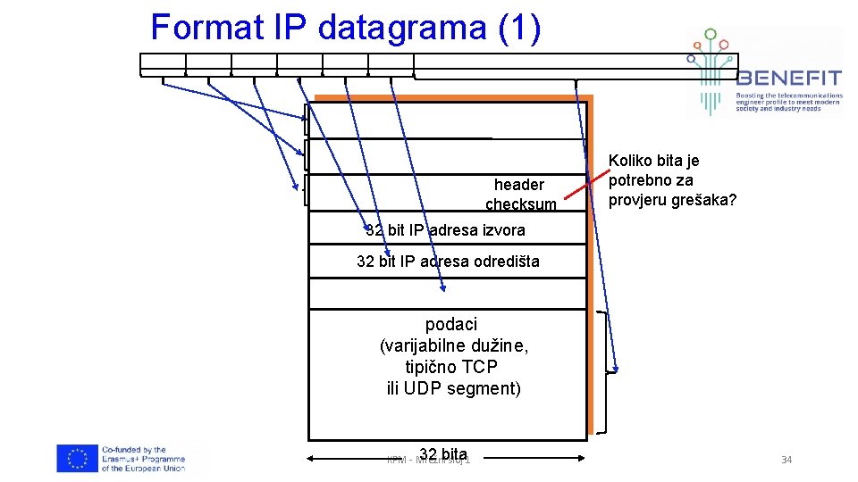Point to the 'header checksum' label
(x=519, y=195)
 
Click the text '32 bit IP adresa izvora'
(x=446, y=230)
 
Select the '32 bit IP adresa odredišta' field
(x=448, y=262)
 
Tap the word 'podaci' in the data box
(x=451, y=323)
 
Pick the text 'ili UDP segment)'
(x=453, y=388)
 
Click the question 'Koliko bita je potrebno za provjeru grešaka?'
(x=672, y=179)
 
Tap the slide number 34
(x=786, y=460)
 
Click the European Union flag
(x=77, y=459)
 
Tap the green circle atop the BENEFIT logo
(x=711, y=35)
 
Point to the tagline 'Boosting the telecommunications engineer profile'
(x=788, y=102)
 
